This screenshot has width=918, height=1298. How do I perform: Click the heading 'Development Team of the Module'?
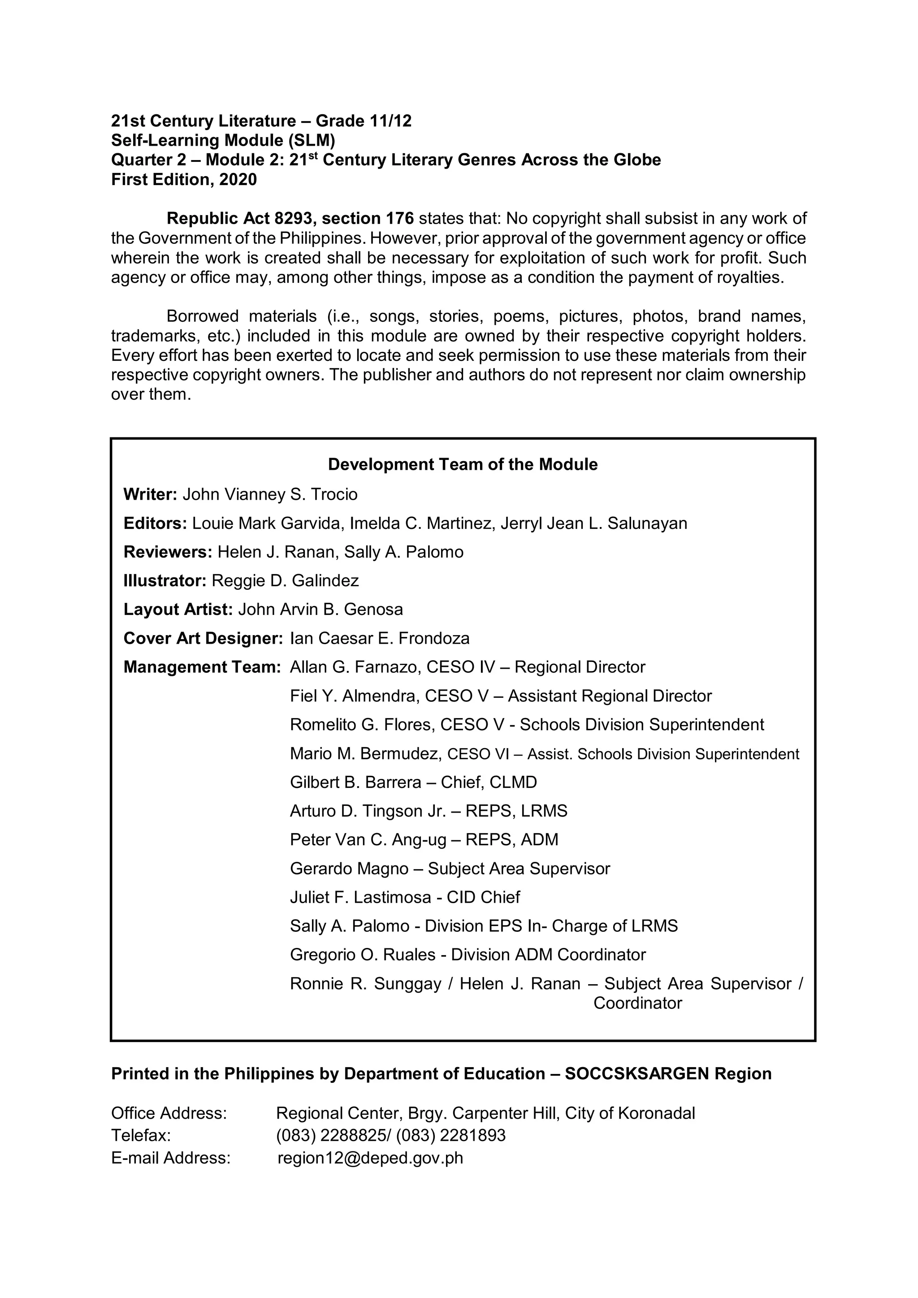click(x=463, y=465)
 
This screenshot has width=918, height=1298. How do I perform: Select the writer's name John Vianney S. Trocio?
click(x=270, y=495)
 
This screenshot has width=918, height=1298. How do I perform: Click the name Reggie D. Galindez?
click(x=285, y=580)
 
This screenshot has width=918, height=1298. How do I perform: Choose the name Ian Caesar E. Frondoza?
click(x=379, y=638)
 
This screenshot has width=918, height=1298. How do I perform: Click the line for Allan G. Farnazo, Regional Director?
click(x=467, y=667)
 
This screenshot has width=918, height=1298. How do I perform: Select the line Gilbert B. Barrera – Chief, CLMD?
click(x=413, y=783)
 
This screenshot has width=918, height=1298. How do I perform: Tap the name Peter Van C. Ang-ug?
click(x=368, y=839)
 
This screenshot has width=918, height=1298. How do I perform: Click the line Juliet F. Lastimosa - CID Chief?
click(x=405, y=897)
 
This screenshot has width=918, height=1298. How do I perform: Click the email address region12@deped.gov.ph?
click(x=370, y=1158)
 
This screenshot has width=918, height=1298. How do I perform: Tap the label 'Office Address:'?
click(x=169, y=1113)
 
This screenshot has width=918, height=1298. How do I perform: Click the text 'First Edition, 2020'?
click(x=184, y=180)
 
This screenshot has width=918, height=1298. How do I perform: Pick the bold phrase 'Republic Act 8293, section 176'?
click(x=290, y=218)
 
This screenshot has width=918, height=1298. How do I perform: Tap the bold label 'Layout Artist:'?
click(x=178, y=610)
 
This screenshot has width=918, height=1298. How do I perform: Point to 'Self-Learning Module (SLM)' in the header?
click(x=223, y=140)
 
